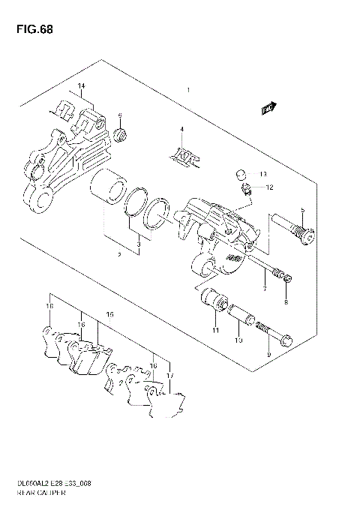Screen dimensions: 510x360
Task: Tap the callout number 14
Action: tap(82, 88)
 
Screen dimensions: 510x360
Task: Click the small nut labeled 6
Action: tap(120, 136)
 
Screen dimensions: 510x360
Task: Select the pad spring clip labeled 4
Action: tap(179, 155)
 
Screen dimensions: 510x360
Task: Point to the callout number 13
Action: tap(262, 174)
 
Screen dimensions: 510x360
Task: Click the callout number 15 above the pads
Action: tap(109, 314)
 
